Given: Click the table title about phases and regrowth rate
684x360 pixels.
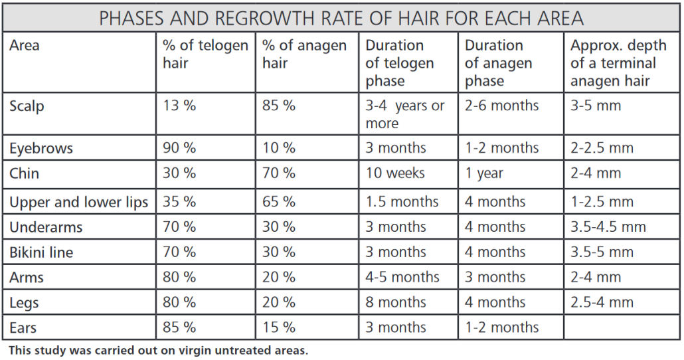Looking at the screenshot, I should (x=342, y=18).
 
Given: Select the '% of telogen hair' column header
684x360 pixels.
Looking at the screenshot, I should (x=205, y=54).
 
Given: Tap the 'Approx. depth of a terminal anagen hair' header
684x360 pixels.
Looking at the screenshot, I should (x=618, y=63).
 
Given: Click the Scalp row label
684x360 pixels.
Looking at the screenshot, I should (x=27, y=106).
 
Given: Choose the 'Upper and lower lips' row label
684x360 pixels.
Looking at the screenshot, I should (x=78, y=202).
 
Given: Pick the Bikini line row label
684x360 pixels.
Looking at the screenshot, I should (x=41, y=252).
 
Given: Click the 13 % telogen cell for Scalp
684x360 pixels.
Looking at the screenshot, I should (x=179, y=106).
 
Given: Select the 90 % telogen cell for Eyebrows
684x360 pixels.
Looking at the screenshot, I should (x=179, y=148).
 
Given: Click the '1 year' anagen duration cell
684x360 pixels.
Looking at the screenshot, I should (x=484, y=174).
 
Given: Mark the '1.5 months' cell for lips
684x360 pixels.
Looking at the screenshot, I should (x=402, y=202).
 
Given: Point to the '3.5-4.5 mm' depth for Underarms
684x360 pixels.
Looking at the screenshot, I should (x=608, y=227).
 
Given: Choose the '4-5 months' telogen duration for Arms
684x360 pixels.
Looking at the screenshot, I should (x=402, y=277).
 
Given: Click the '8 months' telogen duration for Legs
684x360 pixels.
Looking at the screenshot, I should (x=396, y=302).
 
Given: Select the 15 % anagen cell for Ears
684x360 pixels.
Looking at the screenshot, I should (x=279, y=327).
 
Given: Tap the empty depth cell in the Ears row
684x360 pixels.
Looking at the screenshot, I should (x=622, y=327).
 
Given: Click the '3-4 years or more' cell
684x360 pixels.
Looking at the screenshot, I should (x=405, y=114).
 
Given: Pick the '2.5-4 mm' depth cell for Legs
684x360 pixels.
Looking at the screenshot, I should (x=602, y=302).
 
